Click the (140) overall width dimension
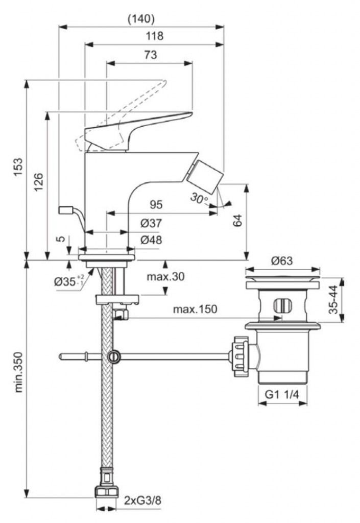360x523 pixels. click(x=140, y=19)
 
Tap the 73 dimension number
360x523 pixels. click(x=150, y=55)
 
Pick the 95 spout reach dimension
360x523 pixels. click(x=156, y=205)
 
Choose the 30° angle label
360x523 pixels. click(x=200, y=198)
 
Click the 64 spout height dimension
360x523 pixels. click(x=237, y=220)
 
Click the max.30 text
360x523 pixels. click(x=166, y=277)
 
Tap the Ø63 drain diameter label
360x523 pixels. click(x=282, y=261)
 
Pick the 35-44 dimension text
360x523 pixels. click(x=333, y=300)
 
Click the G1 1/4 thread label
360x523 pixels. click(x=282, y=394)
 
